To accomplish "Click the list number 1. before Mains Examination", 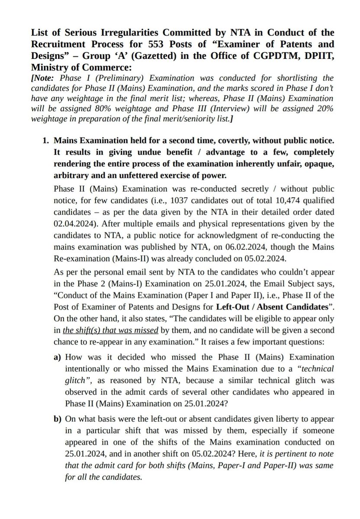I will click(x=44, y=141).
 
